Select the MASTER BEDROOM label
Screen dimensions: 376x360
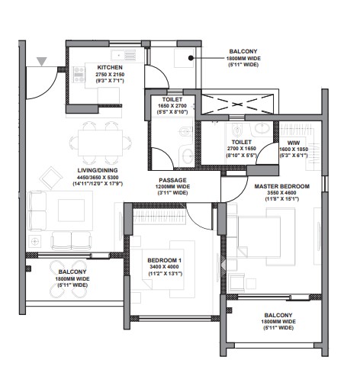tap(282, 186)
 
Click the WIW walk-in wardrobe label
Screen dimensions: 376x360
tap(294, 142)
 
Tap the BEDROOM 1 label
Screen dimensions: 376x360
tap(166, 261)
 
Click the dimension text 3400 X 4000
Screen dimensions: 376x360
tap(166, 268)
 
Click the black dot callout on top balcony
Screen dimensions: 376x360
tap(193, 55)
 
